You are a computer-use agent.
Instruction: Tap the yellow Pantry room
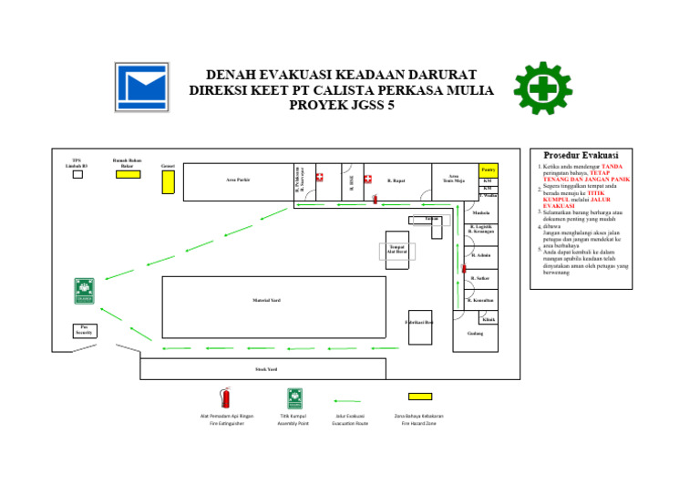pyautogui.click(x=488, y=170)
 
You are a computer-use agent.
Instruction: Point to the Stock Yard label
pyautogui.click(x=266, y=369)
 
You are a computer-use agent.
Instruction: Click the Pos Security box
pyautogui.click(x=85, y=331)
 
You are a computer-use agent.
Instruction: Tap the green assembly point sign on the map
pyautogui.click(x=85, y=291)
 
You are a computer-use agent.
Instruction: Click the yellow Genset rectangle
pyautogui.click(x=168, y=181)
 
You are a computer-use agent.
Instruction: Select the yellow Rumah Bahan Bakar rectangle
pyautogui.click(x=128, y=174)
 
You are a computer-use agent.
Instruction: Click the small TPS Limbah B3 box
pyautogui.click(x=77, y=174)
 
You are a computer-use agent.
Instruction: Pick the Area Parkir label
pyautogui.click(x=238, y=180)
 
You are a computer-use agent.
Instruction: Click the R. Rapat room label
pyautogui.click(x=396, y=180)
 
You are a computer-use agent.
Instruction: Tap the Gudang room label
pyautogui.click(x=475, y=334)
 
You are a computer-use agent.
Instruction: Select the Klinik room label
pyautogui.click(x=489, y=319)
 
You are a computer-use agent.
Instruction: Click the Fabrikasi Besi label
pyautogui.click(x=419, y=323)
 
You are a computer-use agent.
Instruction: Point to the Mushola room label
pyautogui.click(x=481, y=213)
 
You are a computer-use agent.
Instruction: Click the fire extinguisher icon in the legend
pyautogui.click(x=225, y=397)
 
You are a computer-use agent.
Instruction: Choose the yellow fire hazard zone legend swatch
pyautogui.click(x=420, y=397)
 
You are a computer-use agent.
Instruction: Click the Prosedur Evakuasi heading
pyautogui.click(x=581, y=155)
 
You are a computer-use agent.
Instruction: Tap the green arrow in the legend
pyautogui.click(x=348, y=399)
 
